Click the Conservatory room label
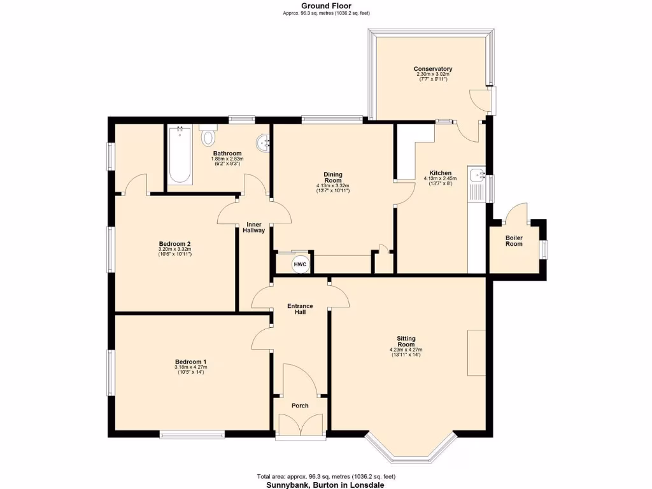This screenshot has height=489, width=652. (x=432, y=69)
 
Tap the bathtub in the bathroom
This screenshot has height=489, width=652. (x=180, y=156)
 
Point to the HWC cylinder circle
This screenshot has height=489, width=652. (x=300, y=264)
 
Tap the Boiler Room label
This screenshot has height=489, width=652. (x=514, y=241)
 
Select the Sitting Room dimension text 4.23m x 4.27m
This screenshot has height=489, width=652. (x=406, y=350)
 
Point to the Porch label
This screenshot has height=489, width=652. (x=300, y=406)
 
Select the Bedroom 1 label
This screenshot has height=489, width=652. (x=190, y=362)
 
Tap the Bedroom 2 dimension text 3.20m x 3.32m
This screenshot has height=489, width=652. (x=175, y=249)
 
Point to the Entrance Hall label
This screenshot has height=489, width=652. (x=300, y=308)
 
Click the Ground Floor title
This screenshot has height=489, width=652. (x=326, y=6)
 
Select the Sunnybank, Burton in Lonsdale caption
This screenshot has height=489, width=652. (x=326, y=484)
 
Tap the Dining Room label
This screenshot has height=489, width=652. (x=333, y=177)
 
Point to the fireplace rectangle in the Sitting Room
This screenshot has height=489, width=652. (x=476, y=353)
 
